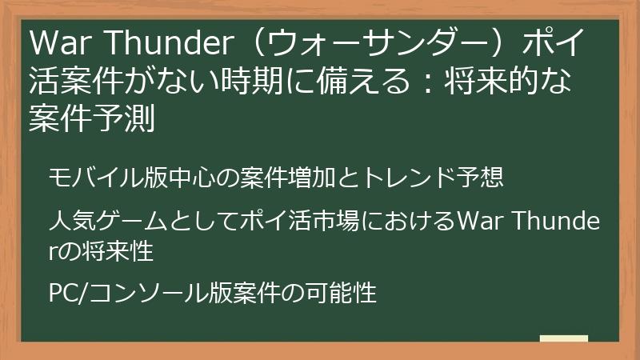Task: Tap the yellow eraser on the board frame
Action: click(x=563, y=339)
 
